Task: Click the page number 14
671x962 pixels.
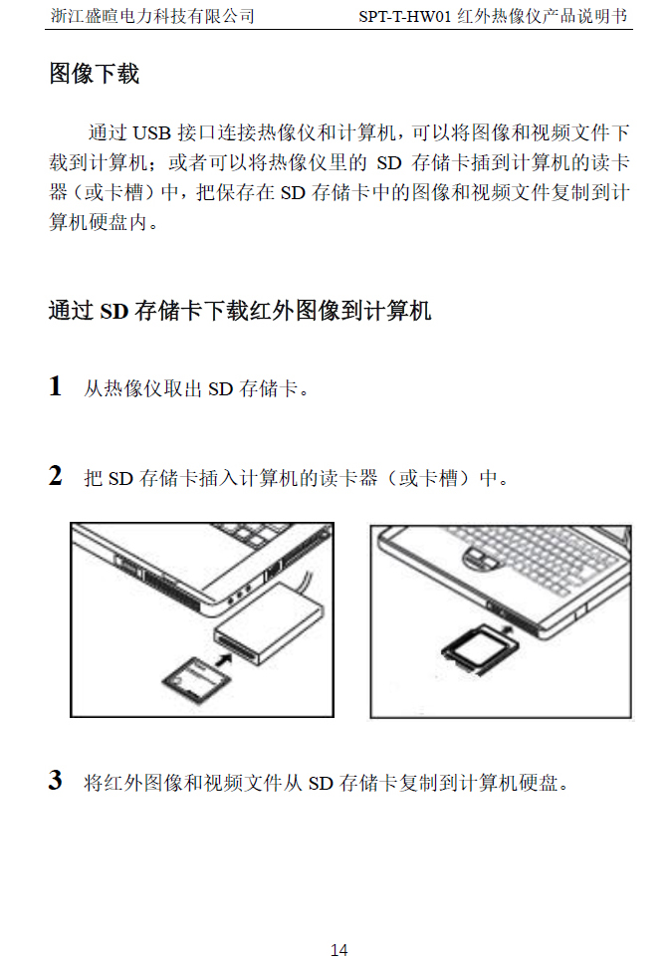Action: [338, 950]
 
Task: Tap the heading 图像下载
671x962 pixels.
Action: [94, 74]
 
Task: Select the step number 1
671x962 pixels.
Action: [55, 386]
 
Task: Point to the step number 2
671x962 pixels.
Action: [55, 475]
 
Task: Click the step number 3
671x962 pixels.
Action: [55, 781]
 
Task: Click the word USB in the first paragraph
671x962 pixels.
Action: [152, 133]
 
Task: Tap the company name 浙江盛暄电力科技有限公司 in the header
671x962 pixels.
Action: [152, 15]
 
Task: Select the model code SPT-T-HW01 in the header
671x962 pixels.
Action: [405, 16]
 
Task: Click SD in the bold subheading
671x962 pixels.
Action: [114, 312]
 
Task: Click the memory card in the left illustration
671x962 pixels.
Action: [196, 679]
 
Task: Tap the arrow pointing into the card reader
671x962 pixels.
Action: [224, 659]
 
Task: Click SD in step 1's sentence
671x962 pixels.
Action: [220, 389]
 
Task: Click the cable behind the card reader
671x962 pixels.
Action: [308, 582]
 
